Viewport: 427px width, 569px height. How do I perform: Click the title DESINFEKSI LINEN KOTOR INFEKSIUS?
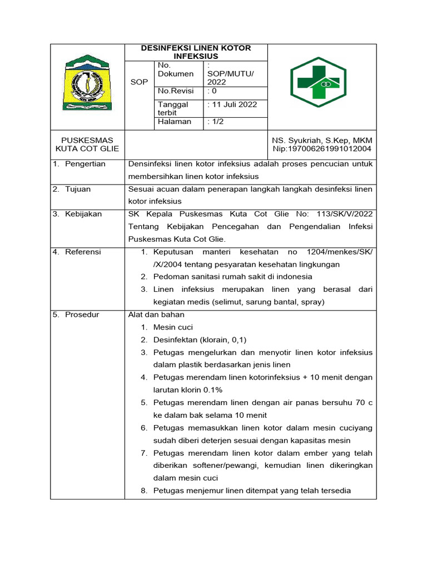[x=196, y=52]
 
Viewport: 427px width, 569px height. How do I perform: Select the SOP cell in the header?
[x=139, y=82]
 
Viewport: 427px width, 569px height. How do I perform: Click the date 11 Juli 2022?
[x=232, y=104]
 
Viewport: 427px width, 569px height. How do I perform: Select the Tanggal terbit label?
[x=173, y=108]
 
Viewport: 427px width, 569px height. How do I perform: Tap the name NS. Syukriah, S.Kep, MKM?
[x=322, y=141]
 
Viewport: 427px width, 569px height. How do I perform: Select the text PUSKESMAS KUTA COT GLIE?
[x=87, y=144]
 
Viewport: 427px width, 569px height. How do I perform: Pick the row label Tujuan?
[x=78, y=189]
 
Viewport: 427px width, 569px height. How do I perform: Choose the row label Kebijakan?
[x=83, y=214]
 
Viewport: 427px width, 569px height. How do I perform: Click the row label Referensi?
[x=83, y=252]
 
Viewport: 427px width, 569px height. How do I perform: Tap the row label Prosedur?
[x=82, y=315]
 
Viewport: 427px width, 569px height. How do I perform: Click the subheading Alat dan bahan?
[x=156, y=315]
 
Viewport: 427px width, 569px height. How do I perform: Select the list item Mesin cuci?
[x=173, y=327]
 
